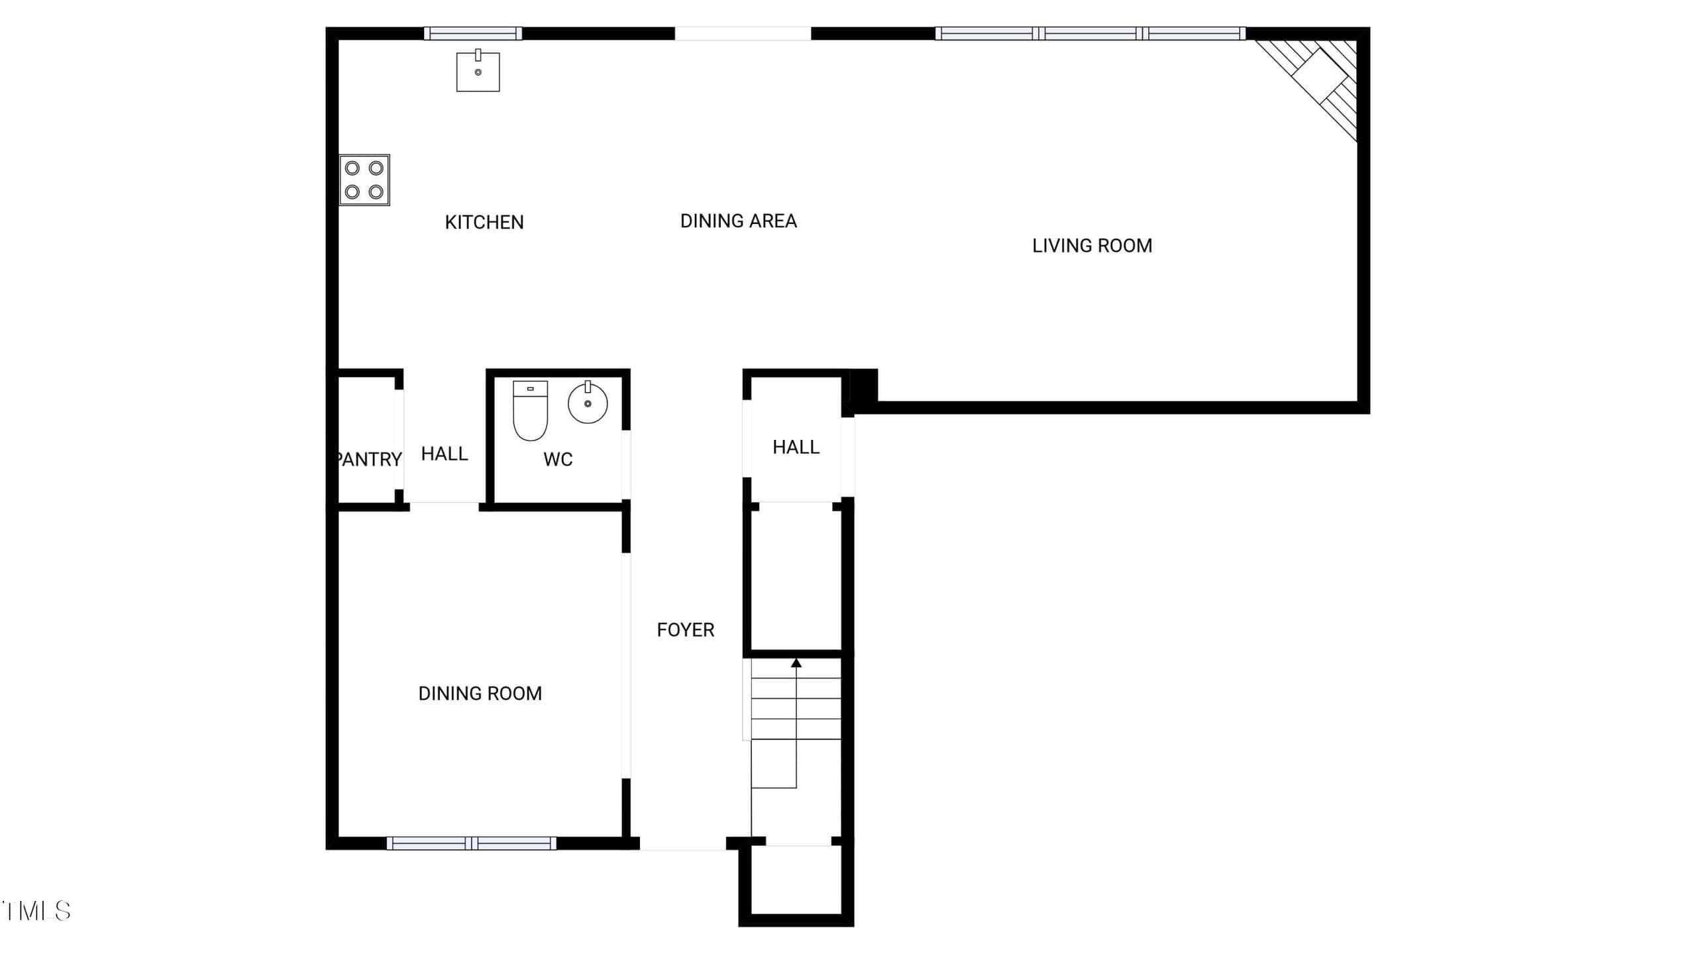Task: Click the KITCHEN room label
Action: [484, 223]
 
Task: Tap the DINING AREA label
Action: [739, 221]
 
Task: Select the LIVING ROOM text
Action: [1092, 246]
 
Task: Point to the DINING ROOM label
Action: [480, 694]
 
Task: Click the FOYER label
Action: [686, 630]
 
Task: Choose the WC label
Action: [558, 460]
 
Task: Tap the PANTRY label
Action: [369, 460]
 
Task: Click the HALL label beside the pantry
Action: [445, 454]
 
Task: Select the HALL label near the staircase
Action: [796, 447]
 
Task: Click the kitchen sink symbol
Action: [478, 71]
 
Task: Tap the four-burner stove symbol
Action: [364, 180]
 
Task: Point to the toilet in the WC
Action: [531, 411]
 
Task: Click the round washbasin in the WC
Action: [588, 402]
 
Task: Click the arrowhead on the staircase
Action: [796, 662]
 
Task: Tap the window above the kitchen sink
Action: [473, 33]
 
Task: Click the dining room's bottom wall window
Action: [472, 843]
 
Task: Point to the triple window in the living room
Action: [1090, 33]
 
